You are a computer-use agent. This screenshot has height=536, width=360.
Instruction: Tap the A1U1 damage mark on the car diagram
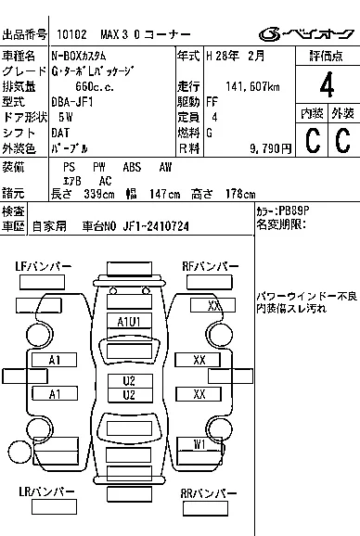[128, 322]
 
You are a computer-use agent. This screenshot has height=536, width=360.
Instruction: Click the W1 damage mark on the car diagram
[199, 444]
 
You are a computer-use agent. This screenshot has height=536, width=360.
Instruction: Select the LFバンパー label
[44, 267]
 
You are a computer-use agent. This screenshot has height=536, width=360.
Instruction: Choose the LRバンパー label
[45, 493]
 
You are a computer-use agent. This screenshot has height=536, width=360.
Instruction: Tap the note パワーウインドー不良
[306, 296]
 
